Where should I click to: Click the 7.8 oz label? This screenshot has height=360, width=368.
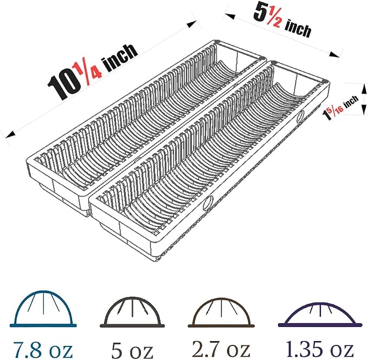tap(43, 350)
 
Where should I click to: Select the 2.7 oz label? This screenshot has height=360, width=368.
tap(221, 349)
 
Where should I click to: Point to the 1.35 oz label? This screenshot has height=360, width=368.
tap(319, 349)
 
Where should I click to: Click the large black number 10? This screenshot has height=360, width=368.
tap(63, 84)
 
